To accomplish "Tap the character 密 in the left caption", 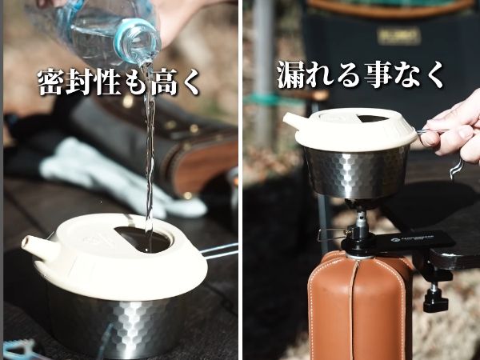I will [x=52, y=82].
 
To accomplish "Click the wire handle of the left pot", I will [x=220, y=251].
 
